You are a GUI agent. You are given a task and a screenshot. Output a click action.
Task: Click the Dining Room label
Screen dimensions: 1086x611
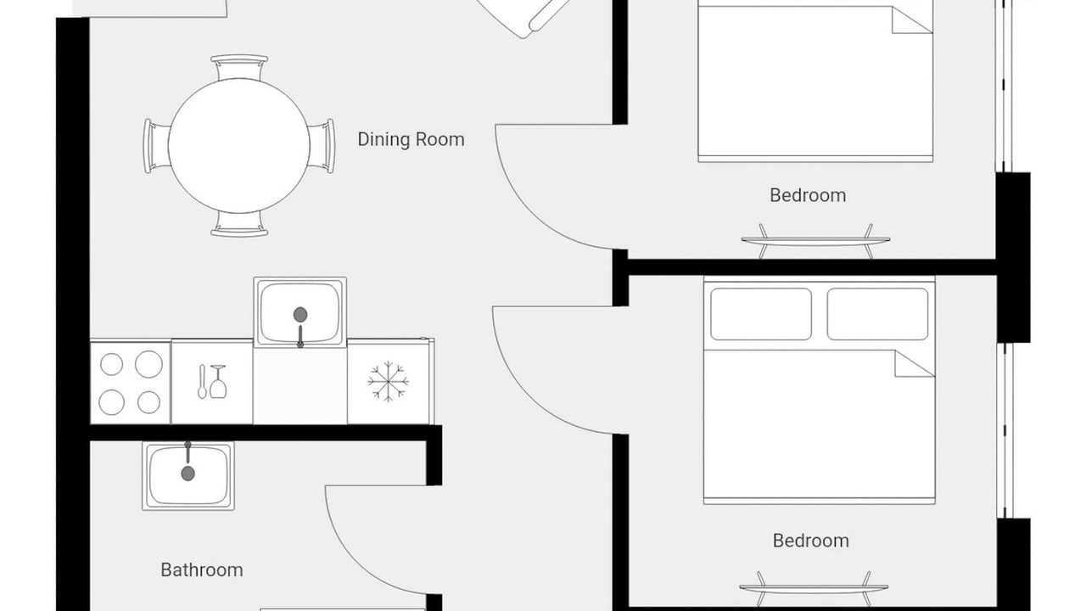pyautogui.click(x=411, y=140)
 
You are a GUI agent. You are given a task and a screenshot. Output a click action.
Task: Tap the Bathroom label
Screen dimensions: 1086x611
pyautogui.click(x=202, y=569)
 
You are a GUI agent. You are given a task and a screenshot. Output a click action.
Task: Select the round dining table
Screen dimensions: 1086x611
pyautogui.click(x=239, y=145)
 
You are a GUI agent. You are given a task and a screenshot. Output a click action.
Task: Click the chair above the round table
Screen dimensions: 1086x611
pyautogui.click(x=239, y=67)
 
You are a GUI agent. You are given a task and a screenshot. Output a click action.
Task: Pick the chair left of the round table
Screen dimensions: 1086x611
pyautogui.click(x=156, y=146)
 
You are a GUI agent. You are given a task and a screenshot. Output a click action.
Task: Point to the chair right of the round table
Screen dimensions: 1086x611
pyautogui.click(x=322, y=146)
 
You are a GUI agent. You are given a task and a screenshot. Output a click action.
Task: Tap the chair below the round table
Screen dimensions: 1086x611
pyautogui.click(x=239, y=224)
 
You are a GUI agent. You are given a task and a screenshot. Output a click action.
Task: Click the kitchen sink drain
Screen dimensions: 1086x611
pyautogui.click(x=300, y=314)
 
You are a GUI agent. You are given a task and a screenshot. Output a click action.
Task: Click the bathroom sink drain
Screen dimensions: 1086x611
pyautogui.click(x=188, y=474)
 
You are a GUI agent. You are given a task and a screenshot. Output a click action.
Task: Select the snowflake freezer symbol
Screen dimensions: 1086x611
pyautogui.click(x=388, y=381)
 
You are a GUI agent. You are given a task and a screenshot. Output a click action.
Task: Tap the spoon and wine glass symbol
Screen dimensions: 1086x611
pyautogui.click(x=212, y=382)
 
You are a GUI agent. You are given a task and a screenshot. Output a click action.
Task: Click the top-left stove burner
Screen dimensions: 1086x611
pyautogui.click(x=111, y=365)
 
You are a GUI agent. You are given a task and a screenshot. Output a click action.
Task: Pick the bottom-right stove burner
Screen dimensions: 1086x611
pyautogui.click(x=148, y=402)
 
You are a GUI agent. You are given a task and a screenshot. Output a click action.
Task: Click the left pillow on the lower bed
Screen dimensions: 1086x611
pyautogui.click(x=761, y=314)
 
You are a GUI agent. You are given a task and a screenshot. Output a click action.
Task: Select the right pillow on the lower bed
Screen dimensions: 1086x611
pyautogui.click(x=877, y=314)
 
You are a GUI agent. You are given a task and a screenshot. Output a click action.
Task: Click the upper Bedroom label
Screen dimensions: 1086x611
pyautogui.click(x=808, y=195)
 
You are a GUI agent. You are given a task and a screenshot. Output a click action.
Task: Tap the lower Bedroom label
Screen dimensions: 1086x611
pyautogui.click(x=810, y=541)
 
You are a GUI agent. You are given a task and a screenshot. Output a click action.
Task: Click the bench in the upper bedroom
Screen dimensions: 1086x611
pyautogui.click(x=815, y=240)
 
